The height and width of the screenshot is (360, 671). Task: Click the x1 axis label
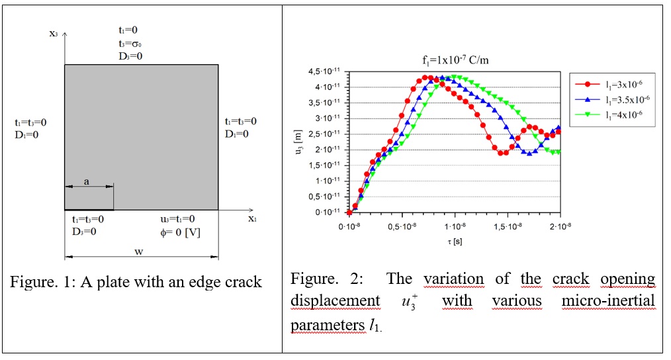[x=252, y=218]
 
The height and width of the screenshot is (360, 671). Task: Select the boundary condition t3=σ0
[x=128, y=43]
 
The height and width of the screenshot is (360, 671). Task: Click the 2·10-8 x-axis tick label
[x=560, y=226]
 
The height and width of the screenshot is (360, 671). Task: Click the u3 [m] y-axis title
[x=301, y=142]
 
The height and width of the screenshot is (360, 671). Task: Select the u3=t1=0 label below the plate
[x=177, y=219]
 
